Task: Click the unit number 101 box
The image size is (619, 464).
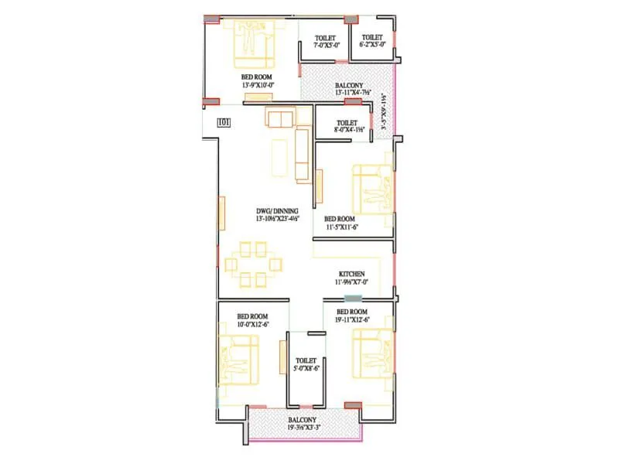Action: [x=224, y=121]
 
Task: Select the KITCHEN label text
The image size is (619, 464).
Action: [x=351, y=275]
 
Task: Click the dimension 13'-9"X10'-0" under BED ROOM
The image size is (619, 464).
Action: [x=258, y=84]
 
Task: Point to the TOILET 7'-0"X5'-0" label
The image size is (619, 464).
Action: [x=325, y=41]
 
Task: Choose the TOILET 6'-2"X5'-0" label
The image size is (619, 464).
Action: [x=372, y=41]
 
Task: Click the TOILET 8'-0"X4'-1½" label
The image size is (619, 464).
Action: [x=346, y=126]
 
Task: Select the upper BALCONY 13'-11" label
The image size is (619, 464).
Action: [x=354, y=89]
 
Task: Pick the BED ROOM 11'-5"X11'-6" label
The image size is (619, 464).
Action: [x=340, y=223]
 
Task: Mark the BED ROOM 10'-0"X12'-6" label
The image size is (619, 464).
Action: [x=252, y=321]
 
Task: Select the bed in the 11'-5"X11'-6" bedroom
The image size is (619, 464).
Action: [x=372, y=189]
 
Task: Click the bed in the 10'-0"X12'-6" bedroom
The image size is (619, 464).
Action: [x=239, y=360]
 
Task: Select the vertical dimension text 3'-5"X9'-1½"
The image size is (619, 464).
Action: [x=381, y=116]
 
